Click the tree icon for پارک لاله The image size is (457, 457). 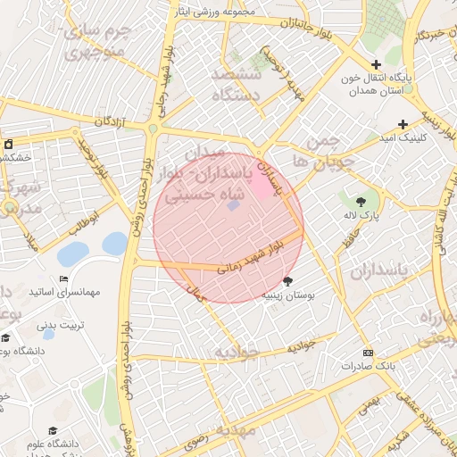click(361, 202)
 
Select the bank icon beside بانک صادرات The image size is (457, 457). click(369, 353)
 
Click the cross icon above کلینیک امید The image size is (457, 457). click(403, 124)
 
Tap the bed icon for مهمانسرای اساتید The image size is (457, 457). click(62, 279)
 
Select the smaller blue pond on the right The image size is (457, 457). click(114, 242)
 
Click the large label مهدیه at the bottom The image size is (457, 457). click(234, 430)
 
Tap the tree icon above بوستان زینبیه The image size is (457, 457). click(287, 281)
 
